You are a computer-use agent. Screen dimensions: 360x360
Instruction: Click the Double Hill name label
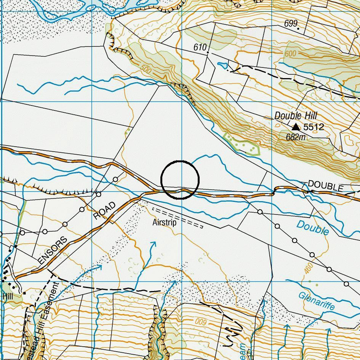click(296, 116)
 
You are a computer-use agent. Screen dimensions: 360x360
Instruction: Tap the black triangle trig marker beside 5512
click(296, 126)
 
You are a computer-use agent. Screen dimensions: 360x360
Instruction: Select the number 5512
click(314, 127)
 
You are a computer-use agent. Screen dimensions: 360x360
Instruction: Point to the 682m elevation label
click(296, 137)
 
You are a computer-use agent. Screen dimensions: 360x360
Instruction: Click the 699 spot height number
click(290, 24)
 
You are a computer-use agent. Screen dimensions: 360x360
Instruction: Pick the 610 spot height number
click(200, 47)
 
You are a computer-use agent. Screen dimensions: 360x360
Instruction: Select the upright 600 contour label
click(290, 54)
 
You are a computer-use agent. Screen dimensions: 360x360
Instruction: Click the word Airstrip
click(164, 222)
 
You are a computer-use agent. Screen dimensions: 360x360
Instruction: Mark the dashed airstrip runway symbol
click(178, 218)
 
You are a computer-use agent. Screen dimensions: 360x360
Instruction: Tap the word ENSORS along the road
click(53, 251)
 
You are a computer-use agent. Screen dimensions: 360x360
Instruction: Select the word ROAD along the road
click(104, 211)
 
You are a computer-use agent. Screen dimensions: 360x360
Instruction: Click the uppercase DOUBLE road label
click(325, 186)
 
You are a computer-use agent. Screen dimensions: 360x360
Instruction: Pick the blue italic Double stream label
click(312, 228)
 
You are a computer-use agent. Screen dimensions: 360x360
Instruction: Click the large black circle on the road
click(180, 180)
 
